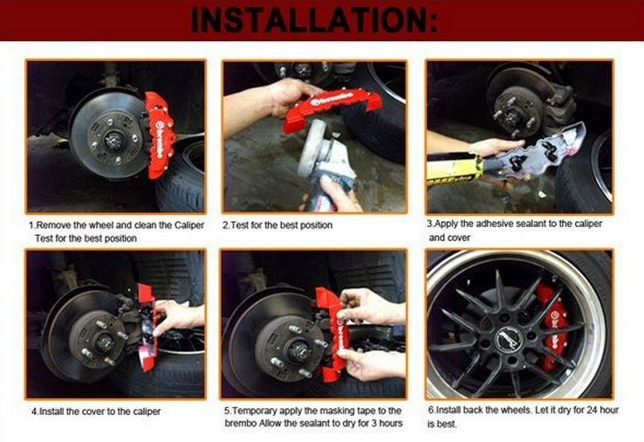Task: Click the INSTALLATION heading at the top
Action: [x=315, y=20]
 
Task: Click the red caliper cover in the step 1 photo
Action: [x=160, y=134]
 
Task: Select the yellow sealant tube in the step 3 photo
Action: [x=455, y=169]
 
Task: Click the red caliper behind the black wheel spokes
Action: [x=552, y=326]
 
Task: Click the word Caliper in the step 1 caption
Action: [x=189, y=225]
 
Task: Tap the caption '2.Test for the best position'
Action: [x=277, y=225]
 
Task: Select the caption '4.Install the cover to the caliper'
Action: [x=96, y=411]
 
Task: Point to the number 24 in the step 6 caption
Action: [x=593, y=410]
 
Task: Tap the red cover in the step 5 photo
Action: [x=331, y=334]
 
